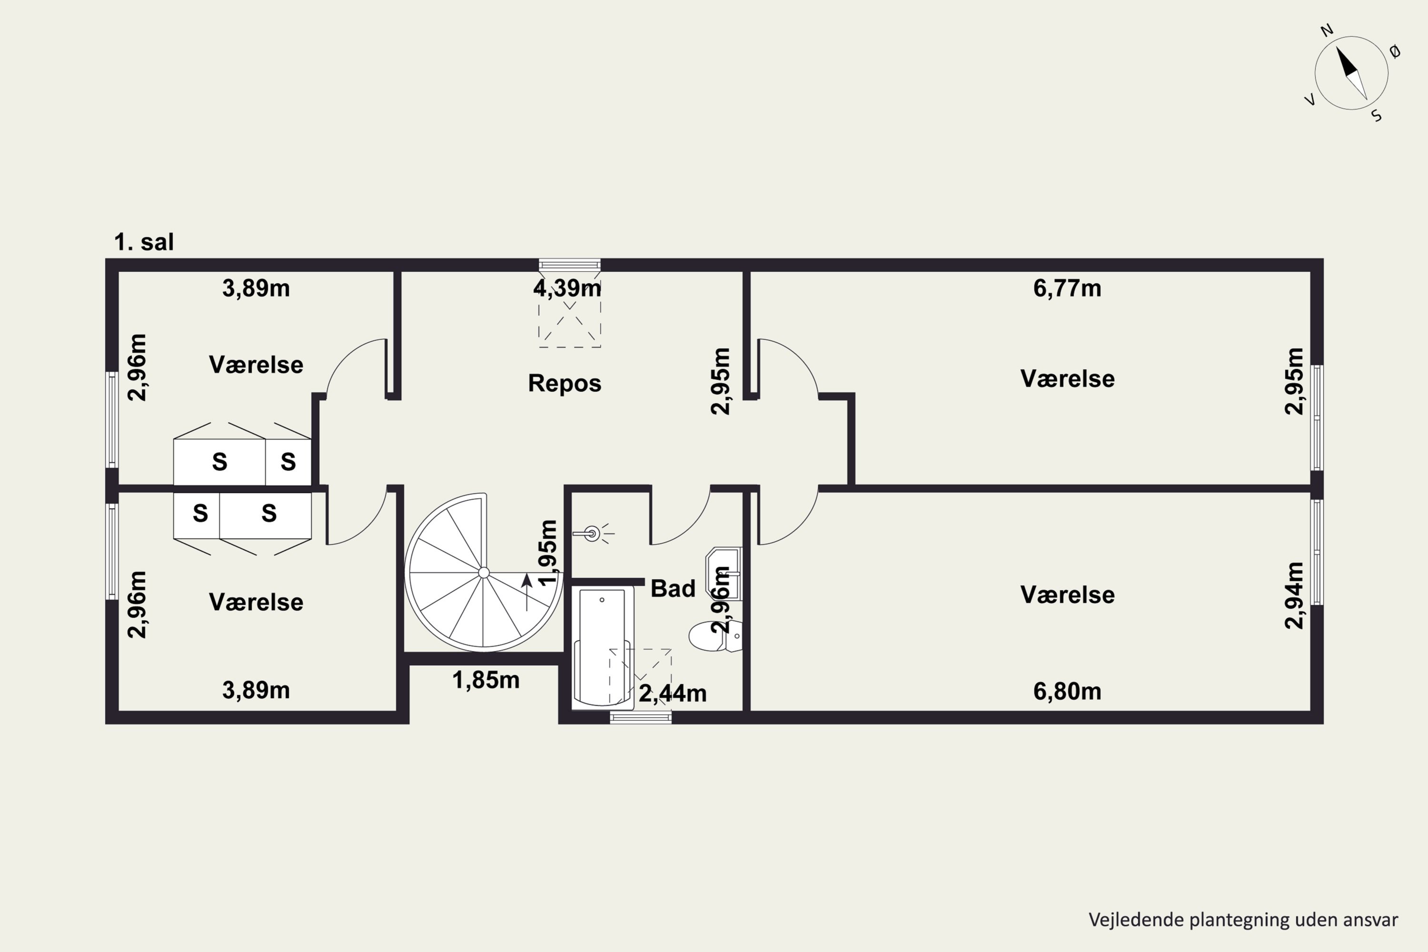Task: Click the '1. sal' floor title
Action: click(x=144, y=242)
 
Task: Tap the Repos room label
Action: click(x=565, y=383)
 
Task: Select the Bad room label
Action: click(x=673, y=588)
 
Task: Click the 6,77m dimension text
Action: click(x=1067, y=288)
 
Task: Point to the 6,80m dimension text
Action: click(x=1067, y=692)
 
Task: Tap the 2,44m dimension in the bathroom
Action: click(x=673, y=694)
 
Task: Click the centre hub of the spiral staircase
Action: click(x=484, y=573)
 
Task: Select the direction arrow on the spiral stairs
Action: click(x=527, y=592)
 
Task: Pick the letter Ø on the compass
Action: click(x=1395, y=51)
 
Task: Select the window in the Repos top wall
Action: click(x=569, y=265)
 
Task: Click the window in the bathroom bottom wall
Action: click(x=641, y=718)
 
